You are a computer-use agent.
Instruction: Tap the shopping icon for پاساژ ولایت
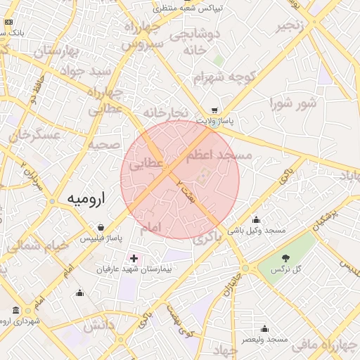tap(214, 110)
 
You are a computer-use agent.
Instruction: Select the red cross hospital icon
tap(134, 259)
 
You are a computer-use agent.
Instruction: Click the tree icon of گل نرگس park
tap(285, 258)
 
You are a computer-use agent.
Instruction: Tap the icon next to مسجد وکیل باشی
tap(256, 219)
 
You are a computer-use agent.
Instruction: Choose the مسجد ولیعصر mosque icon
tap(264, 328)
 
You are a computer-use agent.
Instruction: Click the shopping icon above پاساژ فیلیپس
tap(102, 228)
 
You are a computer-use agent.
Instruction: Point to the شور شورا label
tap(293, 103)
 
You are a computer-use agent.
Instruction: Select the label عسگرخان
tap(33, 134)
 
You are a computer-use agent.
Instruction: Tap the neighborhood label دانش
tap(99, 325)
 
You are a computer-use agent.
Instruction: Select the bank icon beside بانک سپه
tap(8, 22)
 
